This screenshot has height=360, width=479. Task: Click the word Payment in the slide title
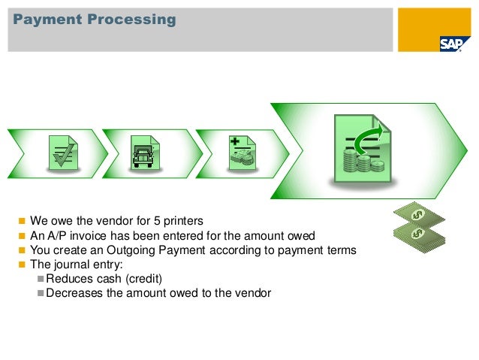(44, 19)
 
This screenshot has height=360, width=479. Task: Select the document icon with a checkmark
(63, 153)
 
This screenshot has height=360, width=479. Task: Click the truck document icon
(144, 153)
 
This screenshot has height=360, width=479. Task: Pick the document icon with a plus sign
(242, 153)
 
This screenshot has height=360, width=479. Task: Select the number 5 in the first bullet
(156, 221)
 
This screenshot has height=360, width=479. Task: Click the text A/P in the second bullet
(56, 235)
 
